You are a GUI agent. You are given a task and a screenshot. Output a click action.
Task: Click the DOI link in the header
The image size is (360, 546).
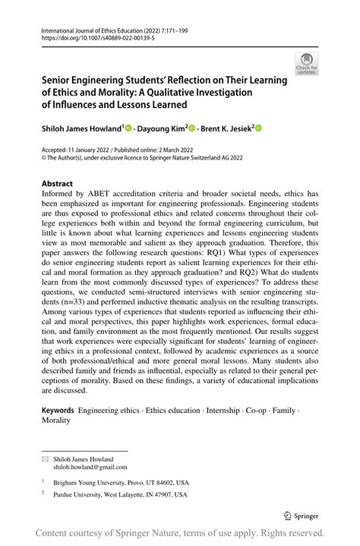tap(91, 36)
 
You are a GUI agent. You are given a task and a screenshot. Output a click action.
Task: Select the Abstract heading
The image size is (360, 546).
tap(58, 184)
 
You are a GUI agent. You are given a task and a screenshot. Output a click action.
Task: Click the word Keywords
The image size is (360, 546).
tap(63, 409)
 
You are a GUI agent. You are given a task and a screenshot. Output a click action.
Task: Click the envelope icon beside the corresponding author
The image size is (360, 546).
tap(46, 459)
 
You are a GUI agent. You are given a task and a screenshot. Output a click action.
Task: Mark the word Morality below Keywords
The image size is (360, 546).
tap(55, 419)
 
